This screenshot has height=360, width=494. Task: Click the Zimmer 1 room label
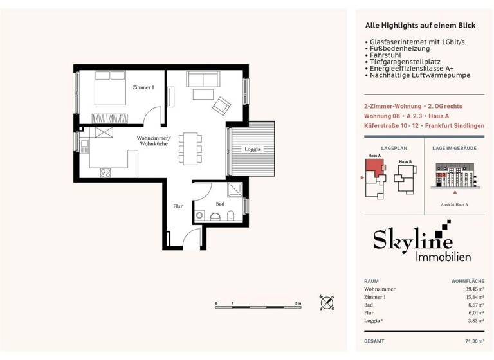pyautogui.click(x=144, y=87)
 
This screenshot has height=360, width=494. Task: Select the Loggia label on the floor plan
pyautogui.click(x=252, y=149)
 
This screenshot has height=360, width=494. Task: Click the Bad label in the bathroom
pyautogui.click(x=220, y=204)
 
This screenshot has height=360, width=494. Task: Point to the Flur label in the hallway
pyautogui.click(x=178, y=206)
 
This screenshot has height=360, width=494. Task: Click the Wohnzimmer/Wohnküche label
pyautogui.click(x=154, y=141)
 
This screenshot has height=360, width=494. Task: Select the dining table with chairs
pyautogui.click(x=189, y=148)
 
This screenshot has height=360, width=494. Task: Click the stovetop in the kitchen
pyautogui.click(x=105, y=172)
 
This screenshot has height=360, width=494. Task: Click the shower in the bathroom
pyautogui.click(x=234, y=190)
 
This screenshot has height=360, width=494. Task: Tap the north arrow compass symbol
pyautogui.click(x=327, y=302)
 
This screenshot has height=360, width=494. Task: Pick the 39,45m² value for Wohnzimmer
pyautogui.click(x=473, y=289)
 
